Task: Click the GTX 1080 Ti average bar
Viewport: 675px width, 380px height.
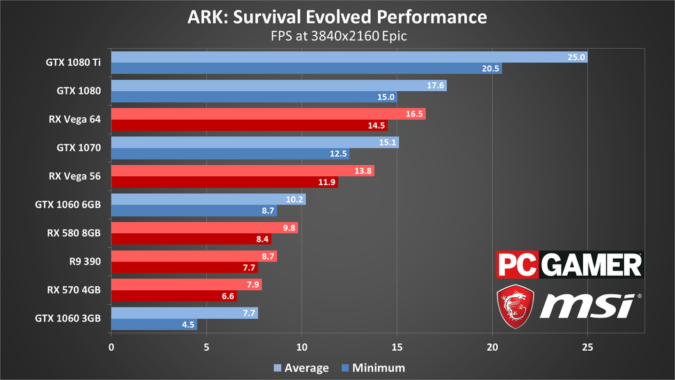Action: click(348, 57)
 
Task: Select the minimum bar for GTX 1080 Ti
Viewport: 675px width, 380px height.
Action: click(306, 69)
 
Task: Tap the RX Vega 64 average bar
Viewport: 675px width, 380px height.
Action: click(268, 114)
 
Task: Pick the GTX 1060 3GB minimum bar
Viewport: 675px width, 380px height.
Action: click(154, 324)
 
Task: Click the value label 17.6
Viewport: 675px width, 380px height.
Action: click(436, 86)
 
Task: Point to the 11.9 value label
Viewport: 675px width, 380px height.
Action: click(326, 182)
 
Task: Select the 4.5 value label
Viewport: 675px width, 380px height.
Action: click(186, 324)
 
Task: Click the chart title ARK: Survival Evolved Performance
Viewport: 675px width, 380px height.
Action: click(337, 16)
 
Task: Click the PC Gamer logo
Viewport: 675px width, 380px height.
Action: click(569, 265)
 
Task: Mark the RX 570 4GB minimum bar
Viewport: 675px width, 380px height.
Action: click(174, 296)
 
